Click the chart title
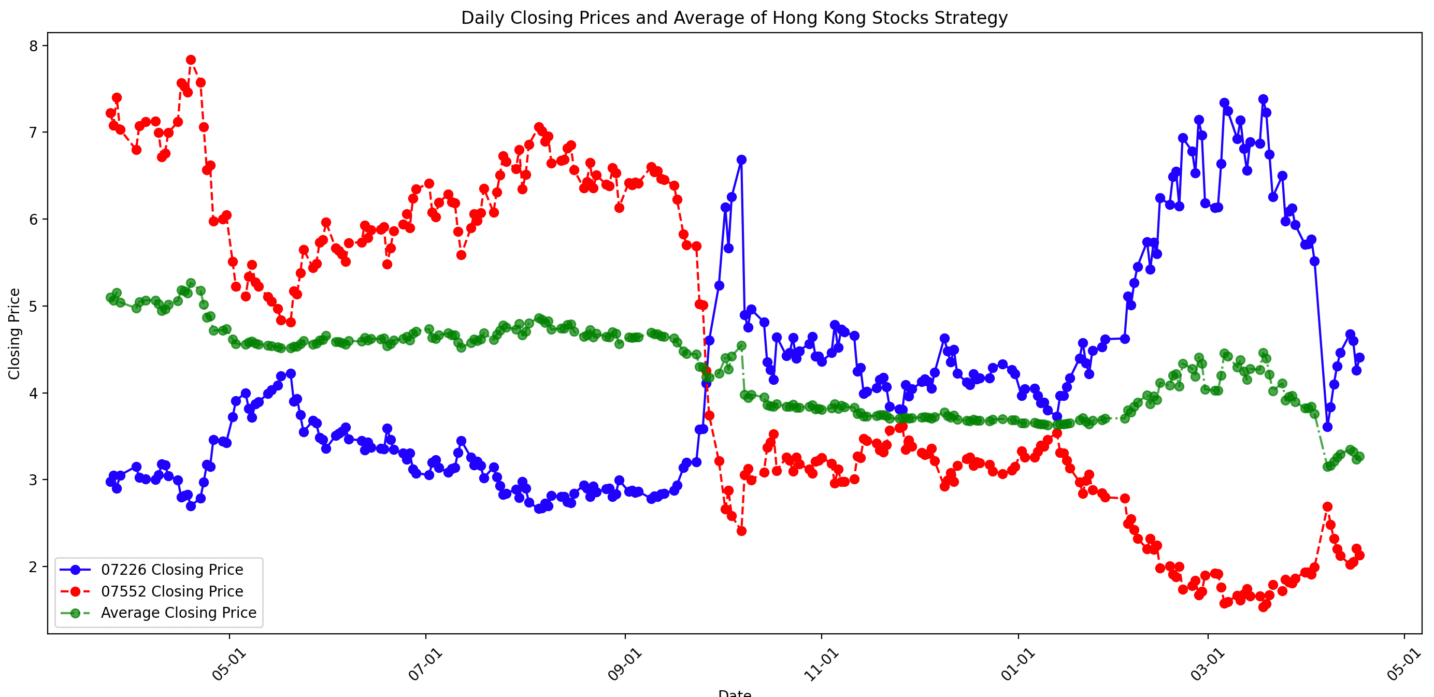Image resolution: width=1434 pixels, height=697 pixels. coord(734,18)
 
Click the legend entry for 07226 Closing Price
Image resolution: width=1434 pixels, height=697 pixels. coord(171,570)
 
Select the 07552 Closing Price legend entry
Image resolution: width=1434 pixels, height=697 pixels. coord(171,591)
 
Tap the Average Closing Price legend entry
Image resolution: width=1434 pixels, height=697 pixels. coord(178,613)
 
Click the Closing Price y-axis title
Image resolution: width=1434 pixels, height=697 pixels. coord(15,334)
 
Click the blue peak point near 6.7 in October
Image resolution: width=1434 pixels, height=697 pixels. coord(741,159)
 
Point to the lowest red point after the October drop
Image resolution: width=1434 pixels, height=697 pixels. coord(741,531)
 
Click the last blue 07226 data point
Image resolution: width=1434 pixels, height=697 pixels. coord(1359,358)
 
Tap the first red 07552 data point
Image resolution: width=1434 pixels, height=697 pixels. coord(110,113)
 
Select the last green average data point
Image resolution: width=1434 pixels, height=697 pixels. coord(1359,457)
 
